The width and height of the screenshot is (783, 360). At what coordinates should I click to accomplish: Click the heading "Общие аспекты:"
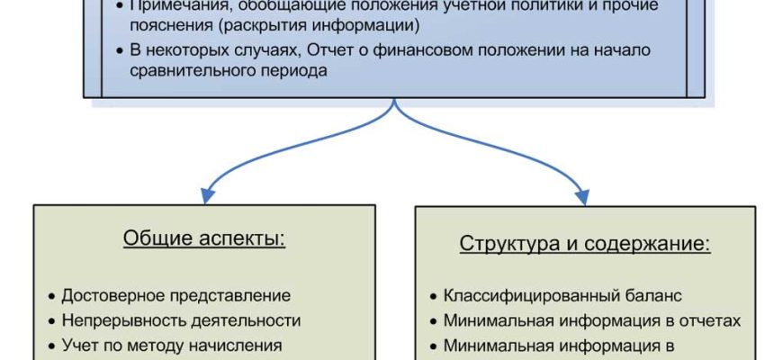203,239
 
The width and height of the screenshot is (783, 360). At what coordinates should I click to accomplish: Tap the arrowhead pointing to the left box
207,195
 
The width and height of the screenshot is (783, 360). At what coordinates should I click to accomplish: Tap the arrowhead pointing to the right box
582,195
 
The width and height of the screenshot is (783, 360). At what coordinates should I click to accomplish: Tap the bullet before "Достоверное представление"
51,296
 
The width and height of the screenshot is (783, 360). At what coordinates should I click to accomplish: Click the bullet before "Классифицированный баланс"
434,296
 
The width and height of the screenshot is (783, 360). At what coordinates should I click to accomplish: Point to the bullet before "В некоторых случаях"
121,50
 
